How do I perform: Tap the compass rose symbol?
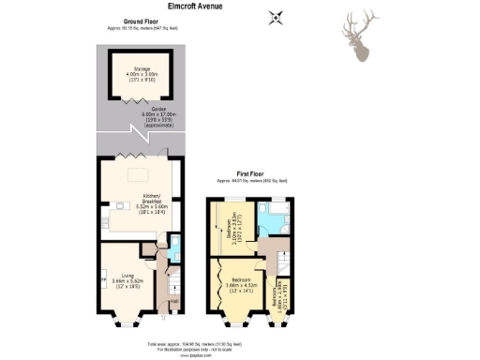coord(275,16)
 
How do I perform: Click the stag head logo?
coord(360,37)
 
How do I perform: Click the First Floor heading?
coord(251,172)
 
